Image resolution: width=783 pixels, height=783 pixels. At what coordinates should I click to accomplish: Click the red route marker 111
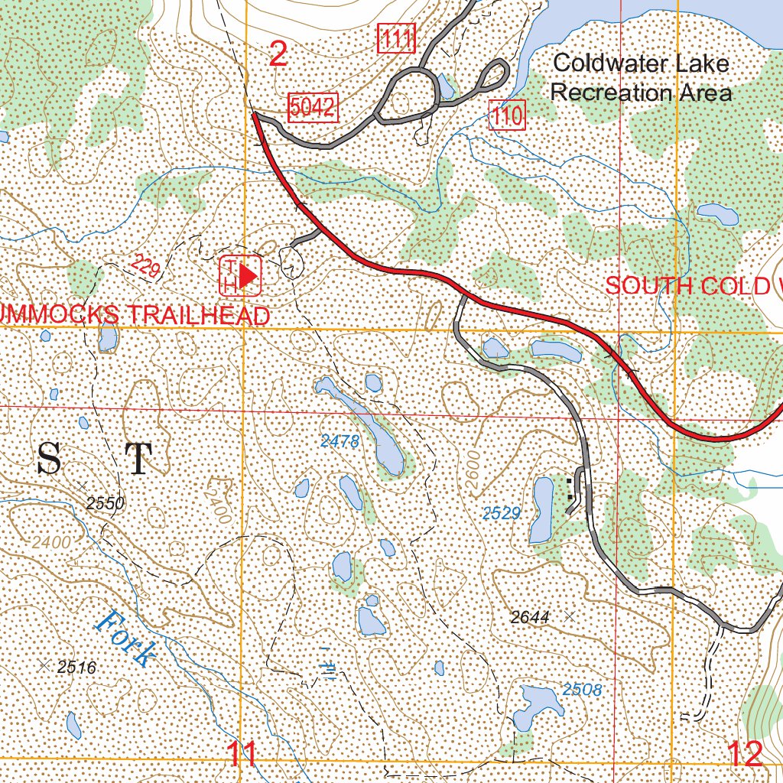click(x=396, y=39)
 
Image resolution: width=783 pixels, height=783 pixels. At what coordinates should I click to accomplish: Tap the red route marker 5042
click(x=312, y=108)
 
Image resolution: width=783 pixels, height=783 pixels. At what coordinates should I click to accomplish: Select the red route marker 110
click(x=507, y=117)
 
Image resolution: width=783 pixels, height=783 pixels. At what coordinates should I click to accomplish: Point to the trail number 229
click(x=145, y=267)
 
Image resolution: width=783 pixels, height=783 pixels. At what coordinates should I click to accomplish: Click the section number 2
click(x=279, y=54)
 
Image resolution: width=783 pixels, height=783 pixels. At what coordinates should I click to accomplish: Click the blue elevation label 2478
click(x=340, y=440)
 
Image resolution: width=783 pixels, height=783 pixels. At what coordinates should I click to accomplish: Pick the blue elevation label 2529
click(x=502, y=512)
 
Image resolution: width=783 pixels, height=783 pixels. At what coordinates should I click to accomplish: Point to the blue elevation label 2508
click(x=582, y=690)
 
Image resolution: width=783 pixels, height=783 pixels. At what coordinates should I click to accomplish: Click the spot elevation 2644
click(x=530, y=617)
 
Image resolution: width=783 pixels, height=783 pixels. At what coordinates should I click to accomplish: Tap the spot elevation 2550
click(x=105, y=503)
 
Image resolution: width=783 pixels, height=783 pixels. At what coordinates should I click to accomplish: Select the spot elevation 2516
click(x=76, y=668)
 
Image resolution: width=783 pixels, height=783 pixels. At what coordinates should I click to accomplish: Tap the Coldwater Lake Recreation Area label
click(x=641, y=78)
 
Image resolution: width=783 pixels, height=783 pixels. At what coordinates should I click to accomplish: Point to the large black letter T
click(x=138, y=460)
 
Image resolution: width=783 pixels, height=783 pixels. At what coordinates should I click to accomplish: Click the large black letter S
click(x=49, y=460)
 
